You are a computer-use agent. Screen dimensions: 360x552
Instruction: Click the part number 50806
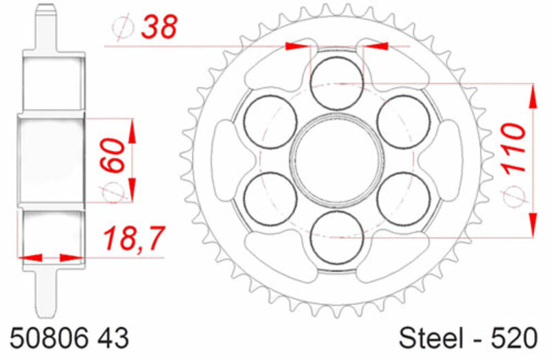(44, 339)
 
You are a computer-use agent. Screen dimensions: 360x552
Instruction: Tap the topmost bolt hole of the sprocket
(336, 81)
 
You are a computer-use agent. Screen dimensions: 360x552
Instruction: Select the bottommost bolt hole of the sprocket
(336, 236)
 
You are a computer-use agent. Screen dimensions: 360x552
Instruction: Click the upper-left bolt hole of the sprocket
(269, 120)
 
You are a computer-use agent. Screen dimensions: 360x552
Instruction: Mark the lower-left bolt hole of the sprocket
(269, 197)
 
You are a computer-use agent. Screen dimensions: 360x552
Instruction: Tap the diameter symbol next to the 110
(513, 198)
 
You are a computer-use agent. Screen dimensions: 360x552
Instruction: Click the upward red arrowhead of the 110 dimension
(532, 97)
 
